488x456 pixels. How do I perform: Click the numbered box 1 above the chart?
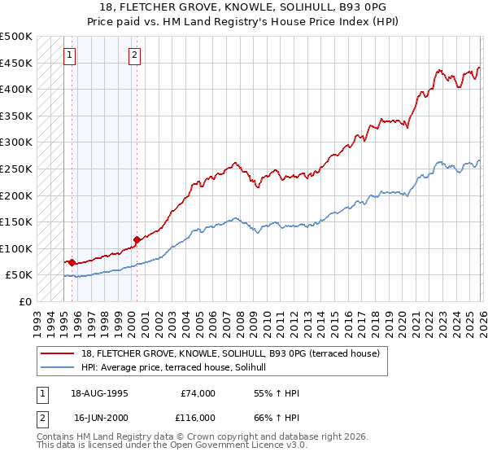[x=70, y=56]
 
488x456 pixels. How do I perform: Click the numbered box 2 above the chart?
[x=134, y=56]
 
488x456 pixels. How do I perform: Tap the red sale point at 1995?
[x=72, y=262]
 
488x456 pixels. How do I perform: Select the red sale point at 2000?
[x=137, y=239]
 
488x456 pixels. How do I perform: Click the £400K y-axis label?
[x=17, y=89]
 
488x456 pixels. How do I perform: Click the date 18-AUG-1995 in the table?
[x=100, y=393]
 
